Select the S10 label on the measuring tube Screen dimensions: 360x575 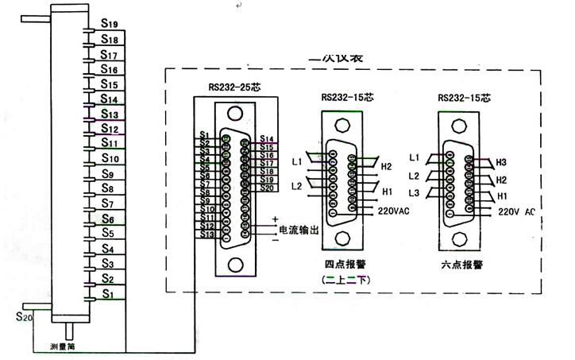pos(110,158)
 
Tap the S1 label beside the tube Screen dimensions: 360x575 pos(108,294)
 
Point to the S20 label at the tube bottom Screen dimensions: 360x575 pos(24,317)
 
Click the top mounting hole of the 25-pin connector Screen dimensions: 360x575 pos(237,111)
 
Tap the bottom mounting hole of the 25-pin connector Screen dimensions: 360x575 pos(237,265)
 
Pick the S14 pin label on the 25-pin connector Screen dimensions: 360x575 pos(267,139)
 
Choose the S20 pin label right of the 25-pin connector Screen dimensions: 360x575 pos(267,188)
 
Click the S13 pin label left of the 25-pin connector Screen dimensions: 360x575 pos(207,234)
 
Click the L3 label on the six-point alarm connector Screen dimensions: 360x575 pos(414,194)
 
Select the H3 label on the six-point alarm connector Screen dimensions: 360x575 pos(501,162)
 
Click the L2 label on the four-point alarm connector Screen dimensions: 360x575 pos(296,185)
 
